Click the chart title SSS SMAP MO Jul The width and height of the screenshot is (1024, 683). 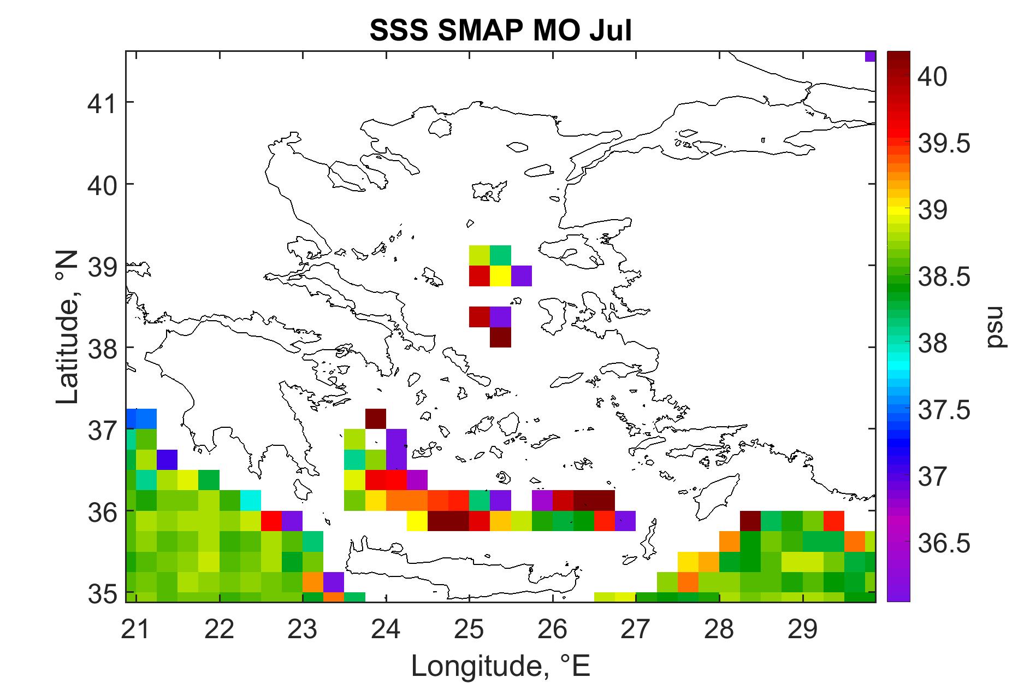501,31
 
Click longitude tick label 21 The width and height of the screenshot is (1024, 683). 135,630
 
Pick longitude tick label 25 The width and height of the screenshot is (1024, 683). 469,630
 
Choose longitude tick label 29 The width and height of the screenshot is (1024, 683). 803,630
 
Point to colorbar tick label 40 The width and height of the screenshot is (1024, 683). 933,76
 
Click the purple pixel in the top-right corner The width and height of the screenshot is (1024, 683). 871,56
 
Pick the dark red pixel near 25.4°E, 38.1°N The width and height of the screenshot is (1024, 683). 501,337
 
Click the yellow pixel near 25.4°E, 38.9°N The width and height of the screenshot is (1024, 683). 501,275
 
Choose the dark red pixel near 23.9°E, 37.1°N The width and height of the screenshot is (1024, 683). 376,419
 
